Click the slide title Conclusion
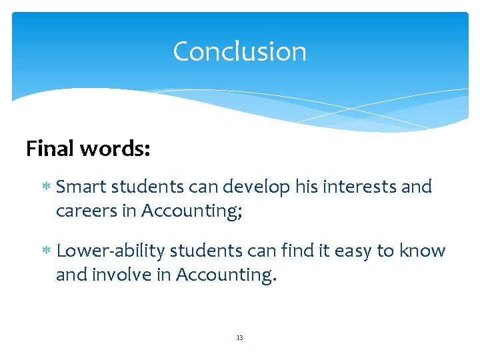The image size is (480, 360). pyautogui.click(x=239, y=51)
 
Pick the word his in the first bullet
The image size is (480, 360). pyautogui.click(x=304, y=187)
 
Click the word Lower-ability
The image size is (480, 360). pyautogui.click(x=111, y=251)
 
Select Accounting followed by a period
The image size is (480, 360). pyautogui.click(x=225, y=275)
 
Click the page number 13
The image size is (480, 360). pyautogui.click(x=239, y=338)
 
